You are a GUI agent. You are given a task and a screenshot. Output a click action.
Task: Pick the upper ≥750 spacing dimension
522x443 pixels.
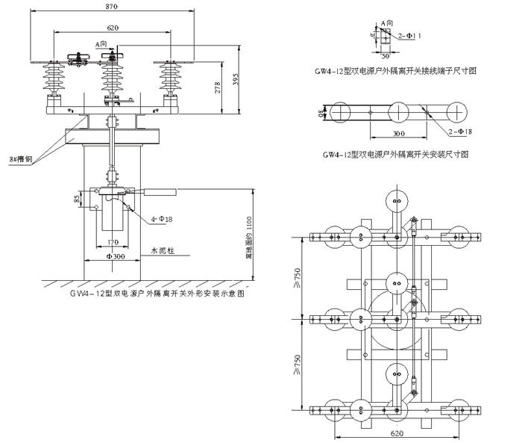[298, 279]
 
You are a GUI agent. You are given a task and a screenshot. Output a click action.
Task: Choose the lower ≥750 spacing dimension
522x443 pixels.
[298, 363]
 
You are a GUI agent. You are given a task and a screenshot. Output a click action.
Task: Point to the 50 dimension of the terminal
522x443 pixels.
[386, 55]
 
